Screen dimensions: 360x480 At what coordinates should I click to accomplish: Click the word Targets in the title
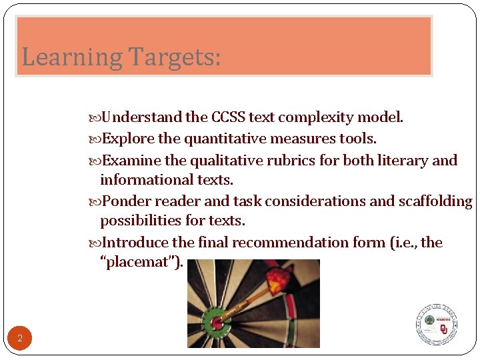[171, 57]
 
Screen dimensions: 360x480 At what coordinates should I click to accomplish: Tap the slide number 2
[20, 339]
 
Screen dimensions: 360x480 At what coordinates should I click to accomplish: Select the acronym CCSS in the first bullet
[228, 118]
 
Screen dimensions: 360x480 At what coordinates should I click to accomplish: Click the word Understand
[142, 118]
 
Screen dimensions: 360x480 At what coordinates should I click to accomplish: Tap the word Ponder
[125, 202]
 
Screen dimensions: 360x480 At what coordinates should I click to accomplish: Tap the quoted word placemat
[141, 262]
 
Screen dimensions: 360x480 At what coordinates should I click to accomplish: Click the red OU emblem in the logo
[444, 329]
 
